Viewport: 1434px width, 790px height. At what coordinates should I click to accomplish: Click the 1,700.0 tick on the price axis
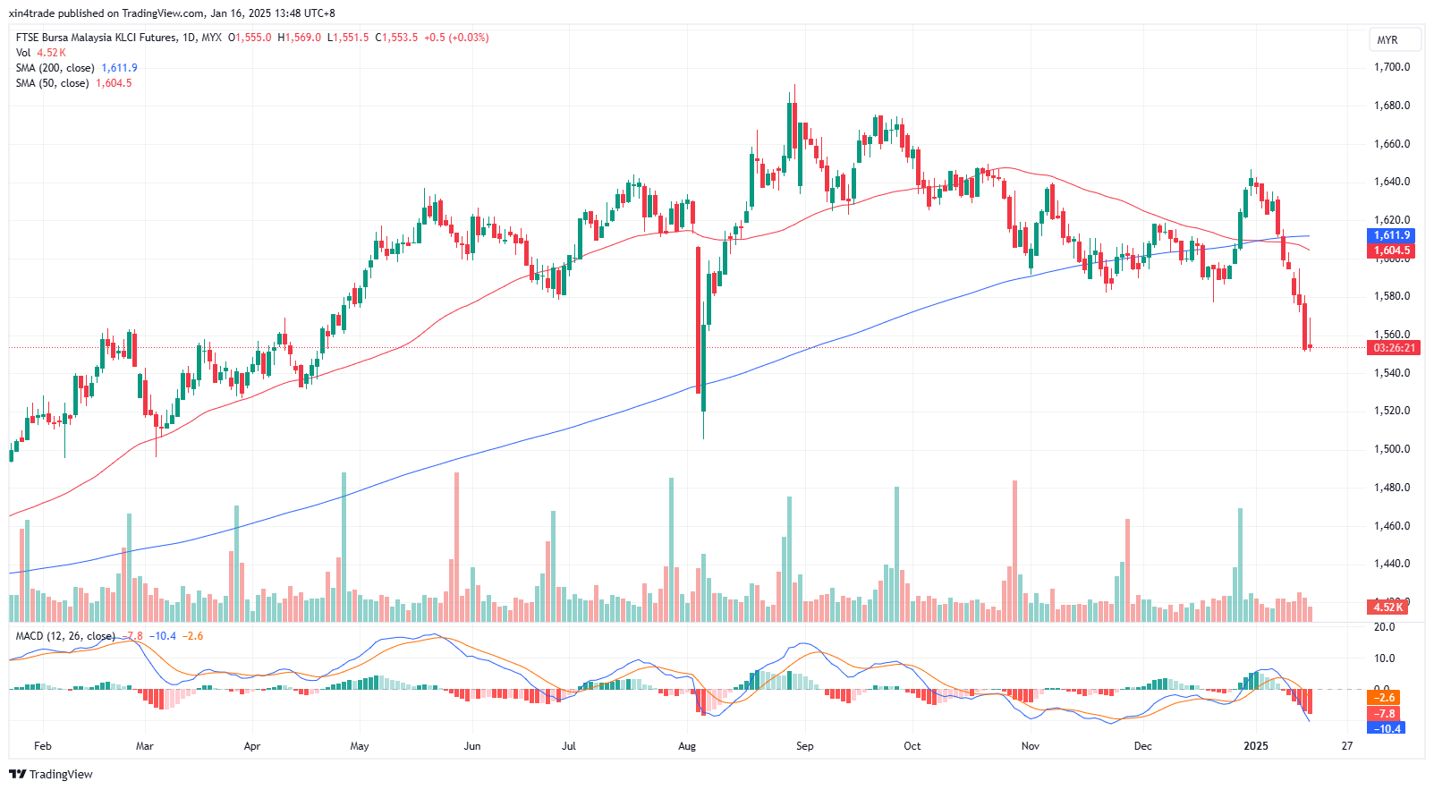(x=1391, y=67)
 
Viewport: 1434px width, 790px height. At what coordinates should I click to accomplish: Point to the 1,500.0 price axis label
(x=1391, y=449)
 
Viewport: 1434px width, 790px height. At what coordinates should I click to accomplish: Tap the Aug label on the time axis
(x=687, y=746)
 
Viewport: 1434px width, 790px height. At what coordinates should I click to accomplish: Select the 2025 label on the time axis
(x=1256, y=746)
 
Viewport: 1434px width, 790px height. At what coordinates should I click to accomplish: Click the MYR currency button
(x=1387, y=40)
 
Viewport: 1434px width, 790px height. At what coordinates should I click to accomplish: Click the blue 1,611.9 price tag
(x=1391, y=235)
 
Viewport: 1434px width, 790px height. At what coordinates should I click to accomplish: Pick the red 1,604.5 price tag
(x=1391, y=251)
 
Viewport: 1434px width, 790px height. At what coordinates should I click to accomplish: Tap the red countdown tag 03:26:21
(x=1394, y=348)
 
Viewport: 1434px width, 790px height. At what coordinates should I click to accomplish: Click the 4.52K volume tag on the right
(x=1388, y=607)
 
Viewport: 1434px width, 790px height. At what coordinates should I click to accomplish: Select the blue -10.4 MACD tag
(x=1386, y=728)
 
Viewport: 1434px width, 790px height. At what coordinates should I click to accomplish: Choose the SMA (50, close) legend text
(x=52, y=83)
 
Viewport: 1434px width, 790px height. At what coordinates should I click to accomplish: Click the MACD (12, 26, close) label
(x=65, y=636)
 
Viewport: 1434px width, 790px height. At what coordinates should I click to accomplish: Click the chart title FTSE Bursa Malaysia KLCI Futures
(x=96, y=38)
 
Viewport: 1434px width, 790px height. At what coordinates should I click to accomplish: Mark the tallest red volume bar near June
(x=456, y=546)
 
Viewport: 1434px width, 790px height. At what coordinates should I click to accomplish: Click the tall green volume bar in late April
(x=344, y=546)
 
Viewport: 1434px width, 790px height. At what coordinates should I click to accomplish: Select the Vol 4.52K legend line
(x=40, y=53)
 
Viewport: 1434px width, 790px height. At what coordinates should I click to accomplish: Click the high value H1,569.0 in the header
(x=299, y=38)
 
